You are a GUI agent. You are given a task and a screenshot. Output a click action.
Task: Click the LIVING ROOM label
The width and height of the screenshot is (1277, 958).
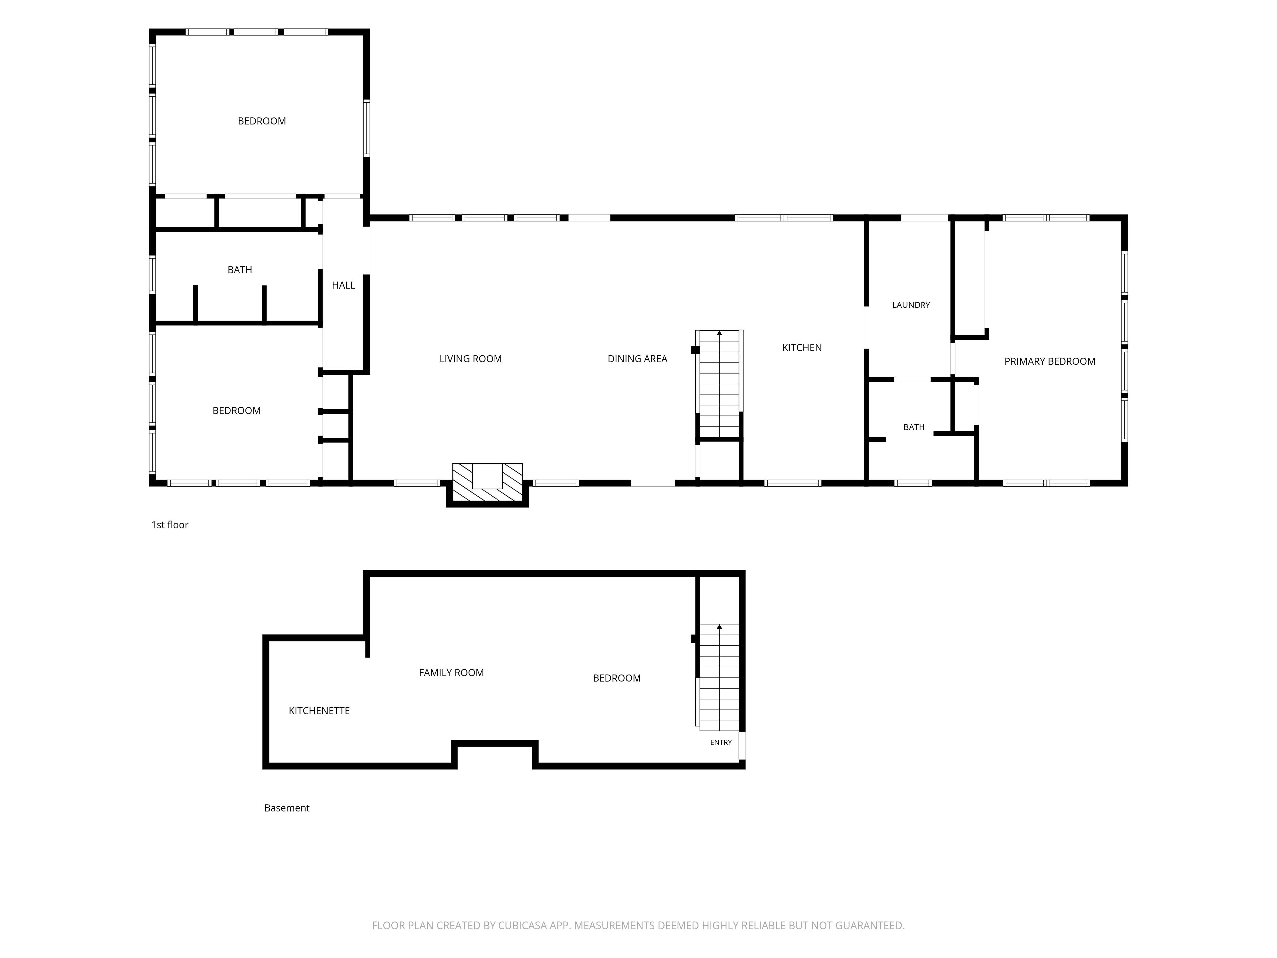pos(471,359)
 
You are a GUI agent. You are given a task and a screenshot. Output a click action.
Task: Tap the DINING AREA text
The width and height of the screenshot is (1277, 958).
pos(638,359)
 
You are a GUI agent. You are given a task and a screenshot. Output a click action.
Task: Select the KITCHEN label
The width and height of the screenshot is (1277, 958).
pos(802,347)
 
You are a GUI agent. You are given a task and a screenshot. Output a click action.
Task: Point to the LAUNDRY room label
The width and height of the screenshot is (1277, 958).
pos(911,305)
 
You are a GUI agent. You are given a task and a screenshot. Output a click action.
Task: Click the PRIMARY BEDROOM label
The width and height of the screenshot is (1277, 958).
pos(1050,361)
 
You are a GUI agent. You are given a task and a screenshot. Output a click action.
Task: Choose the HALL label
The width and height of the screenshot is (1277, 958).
pos(343,285)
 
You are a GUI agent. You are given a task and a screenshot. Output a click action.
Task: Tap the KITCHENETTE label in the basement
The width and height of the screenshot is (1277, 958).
pos(319,710)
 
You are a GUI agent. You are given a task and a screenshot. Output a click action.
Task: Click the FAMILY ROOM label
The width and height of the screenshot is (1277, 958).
pos(451,672)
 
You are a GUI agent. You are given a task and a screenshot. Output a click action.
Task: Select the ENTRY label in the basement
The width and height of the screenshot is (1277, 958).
pos(721,742)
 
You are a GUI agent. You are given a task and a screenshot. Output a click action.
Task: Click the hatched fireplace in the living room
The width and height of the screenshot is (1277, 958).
pos(487,483)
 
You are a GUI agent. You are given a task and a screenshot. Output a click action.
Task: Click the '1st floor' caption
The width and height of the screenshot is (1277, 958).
pos(170,524)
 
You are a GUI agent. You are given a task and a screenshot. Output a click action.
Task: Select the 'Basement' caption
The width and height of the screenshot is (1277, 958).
pos(287,808)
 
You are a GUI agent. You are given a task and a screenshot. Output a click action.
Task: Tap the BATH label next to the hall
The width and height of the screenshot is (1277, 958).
pos(239,270)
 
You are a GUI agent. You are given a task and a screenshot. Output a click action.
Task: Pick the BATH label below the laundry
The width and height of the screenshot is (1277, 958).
pos(914,427)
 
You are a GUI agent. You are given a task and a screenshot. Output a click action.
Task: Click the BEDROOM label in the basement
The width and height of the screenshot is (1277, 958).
pos(617,678)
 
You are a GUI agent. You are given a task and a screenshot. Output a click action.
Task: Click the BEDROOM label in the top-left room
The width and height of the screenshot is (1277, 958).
pos(262,121)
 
